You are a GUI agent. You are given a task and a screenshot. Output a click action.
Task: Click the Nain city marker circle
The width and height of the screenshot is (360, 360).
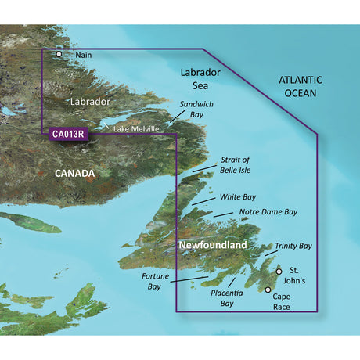click(x=59, y=55)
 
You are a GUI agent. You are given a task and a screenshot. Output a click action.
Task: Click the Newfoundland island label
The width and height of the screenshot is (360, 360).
click(x=213, y=246)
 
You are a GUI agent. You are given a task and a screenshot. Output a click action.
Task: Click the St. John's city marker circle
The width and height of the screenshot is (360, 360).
click(x=279, y=272)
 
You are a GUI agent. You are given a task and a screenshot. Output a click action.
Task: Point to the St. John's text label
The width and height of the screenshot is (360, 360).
click(x=301, y=275)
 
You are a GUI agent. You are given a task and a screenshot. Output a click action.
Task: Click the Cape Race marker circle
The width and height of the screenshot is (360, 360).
click(x=268, y=290)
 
